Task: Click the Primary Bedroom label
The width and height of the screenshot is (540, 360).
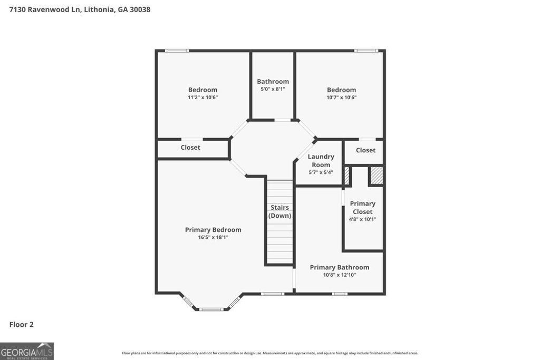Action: pos(213,230)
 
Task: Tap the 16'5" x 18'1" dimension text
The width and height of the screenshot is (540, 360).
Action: pos(213,238)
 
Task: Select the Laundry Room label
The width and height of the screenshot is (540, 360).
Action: pos(321,160)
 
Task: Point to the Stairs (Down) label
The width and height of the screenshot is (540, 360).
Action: pos(279,211)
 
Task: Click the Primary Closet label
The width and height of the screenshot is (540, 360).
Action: pos(362,207)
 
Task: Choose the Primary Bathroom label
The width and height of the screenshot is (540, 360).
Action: pos(339,267)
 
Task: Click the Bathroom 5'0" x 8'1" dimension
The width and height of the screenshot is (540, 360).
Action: pos(273,90)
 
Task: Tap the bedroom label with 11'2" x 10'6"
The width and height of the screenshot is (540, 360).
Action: pos(202,90)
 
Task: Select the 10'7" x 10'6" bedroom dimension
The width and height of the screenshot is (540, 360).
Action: pos(341,98)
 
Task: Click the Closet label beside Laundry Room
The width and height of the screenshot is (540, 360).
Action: pos(365,150)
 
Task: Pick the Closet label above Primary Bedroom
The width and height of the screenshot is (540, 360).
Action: pos(190,148)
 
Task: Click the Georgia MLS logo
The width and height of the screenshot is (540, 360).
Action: pos(27,351)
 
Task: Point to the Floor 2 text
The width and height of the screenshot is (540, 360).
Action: pos(21,325)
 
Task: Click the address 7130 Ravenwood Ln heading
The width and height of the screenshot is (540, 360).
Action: pos(80,9)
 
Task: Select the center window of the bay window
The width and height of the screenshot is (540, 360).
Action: pos(211,309)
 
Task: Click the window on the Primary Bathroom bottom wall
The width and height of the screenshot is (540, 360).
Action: pos(340,294)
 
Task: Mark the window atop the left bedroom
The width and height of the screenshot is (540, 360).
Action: pos(177,51)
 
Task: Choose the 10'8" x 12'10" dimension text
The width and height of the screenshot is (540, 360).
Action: pos(339,275)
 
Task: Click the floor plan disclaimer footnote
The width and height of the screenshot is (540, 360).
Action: pos(270,353)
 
